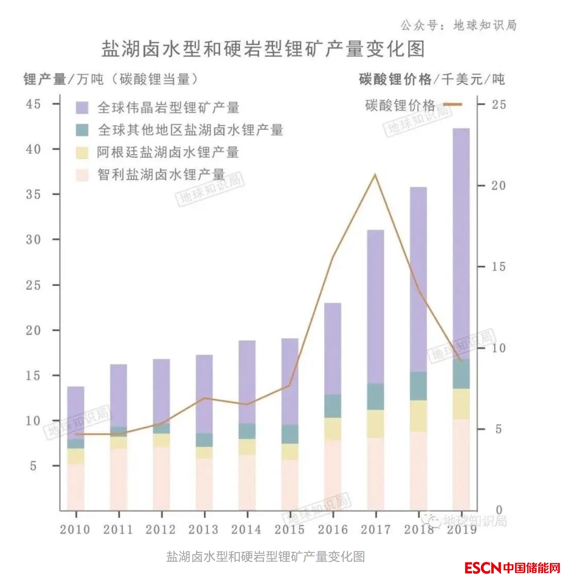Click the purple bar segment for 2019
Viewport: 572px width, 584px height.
[x=461, y=243]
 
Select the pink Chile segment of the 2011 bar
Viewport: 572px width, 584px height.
[x=119, y=479]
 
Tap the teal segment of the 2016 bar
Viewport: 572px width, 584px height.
[x=332, y=406]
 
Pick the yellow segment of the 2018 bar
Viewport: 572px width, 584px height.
[x=418, y=416]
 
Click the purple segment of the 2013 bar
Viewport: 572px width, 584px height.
[x=204, y=394]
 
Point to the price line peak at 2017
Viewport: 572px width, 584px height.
[x=375, y=175]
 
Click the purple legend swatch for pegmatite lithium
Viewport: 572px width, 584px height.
[x=82, y=108]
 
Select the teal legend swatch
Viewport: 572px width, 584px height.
[x=82, y=130]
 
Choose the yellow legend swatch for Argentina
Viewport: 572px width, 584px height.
[x=82, y=152]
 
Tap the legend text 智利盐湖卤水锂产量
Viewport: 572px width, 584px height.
[x=161, y=175]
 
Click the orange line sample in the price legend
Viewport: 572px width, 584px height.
[x=452, y=105]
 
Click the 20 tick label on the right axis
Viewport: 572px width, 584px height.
[x=499, y=186]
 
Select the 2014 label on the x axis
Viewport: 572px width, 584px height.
[x=246, y=530]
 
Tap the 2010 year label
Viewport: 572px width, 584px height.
[x=75, y=530]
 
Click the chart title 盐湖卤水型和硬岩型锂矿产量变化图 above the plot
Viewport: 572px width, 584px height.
[x=263, y=49]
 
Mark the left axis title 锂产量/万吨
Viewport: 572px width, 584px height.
[x=64, y=79]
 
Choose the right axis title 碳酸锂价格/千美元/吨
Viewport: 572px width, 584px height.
[x=431, y=79]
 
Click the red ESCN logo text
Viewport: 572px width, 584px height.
[x=483, y=568]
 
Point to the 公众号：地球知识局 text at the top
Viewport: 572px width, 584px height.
[x=458, y=25]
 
